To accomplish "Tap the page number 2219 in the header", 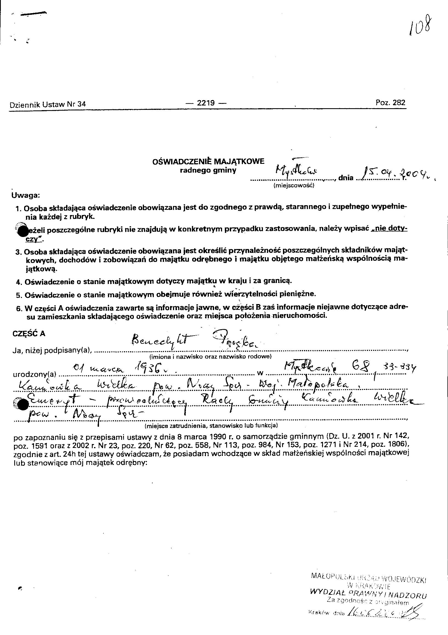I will [x=206, y=103].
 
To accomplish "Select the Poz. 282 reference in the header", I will [x=390, y=103].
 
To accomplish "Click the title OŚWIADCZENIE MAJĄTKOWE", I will [x=208, y=162].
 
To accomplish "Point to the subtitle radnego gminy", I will [x=208, y=170].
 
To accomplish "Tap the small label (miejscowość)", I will [x=294, y=186].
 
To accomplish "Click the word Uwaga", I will [x=26, y=196].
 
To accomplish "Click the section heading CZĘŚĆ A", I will [x=29, y=334].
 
